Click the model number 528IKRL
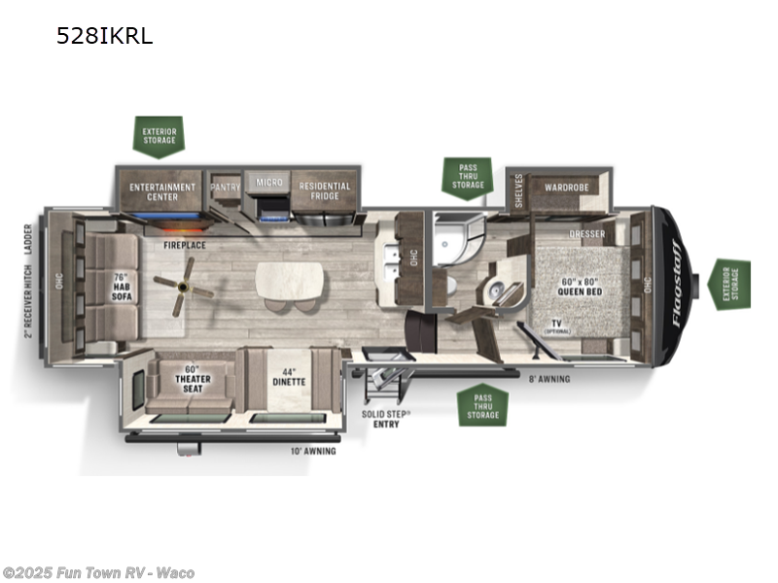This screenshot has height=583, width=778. pyautogui.click(x=105, y=37)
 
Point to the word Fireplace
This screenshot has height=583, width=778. pyautogui.click(x=184, y=245)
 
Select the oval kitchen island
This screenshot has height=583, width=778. pyautogui.click(x=289, y=283)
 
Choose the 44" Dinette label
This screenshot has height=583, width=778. pyautogui.click(x=289, y=377)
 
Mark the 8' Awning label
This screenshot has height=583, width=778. pyautogui.click(x=549, y=378)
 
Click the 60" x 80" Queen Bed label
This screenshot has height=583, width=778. pyautogui.click(x=582, y=288)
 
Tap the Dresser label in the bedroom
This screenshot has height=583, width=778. pyautogui.click(x=586, y=234)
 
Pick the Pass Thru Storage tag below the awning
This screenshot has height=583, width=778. pyautogui.click(x=482, y=404)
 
